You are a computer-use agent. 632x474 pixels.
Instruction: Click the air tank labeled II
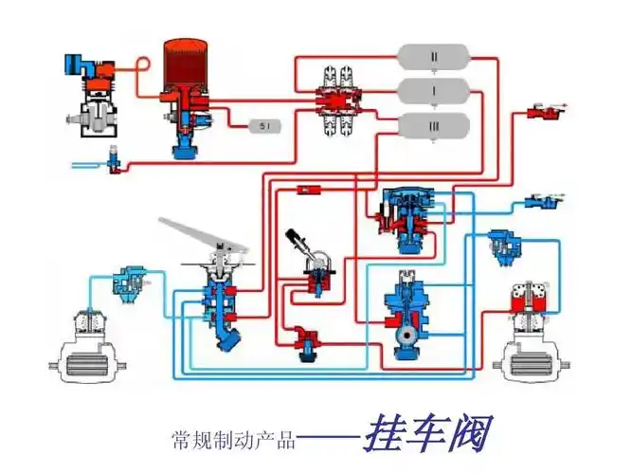[434, 57]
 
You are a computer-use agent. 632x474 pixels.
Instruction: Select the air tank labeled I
[434, 91]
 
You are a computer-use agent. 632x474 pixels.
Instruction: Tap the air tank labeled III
[434, 124]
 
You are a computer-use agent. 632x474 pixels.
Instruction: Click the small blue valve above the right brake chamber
[501, 245]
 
